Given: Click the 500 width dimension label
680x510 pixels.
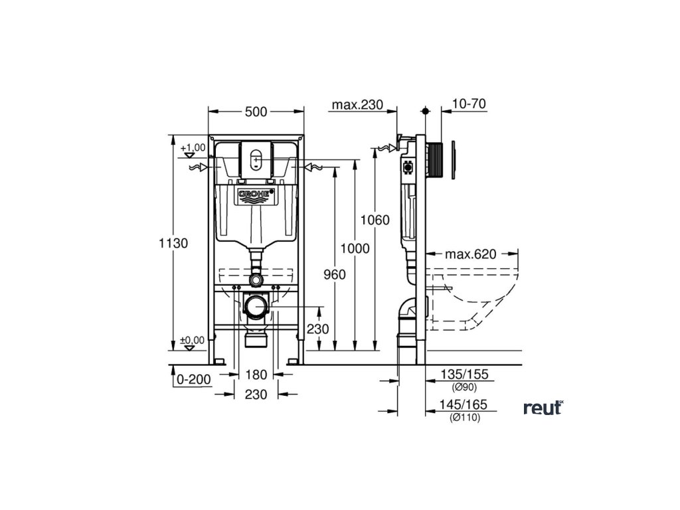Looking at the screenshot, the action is [x=256, y=112].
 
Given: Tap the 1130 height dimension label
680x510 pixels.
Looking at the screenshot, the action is [x=173, y=243].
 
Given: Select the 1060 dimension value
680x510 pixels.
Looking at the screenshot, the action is [x=376, y=220].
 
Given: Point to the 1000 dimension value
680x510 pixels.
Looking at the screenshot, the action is [x=354, y=248].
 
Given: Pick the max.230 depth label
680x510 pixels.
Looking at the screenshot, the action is [x=358, y=105].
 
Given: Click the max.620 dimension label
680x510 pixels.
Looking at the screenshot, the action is [x=471, y=254].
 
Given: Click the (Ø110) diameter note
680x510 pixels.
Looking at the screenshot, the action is [x=464, y=417].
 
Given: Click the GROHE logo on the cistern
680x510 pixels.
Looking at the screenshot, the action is [x=256, y=195].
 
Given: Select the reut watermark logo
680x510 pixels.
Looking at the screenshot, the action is [x=543, y=408].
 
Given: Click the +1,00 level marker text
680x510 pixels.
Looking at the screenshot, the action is [x=193, y=147].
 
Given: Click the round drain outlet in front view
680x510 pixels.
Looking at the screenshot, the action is [x=256, y=306].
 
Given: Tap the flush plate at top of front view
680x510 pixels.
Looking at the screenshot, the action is [x=256, y=159].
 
